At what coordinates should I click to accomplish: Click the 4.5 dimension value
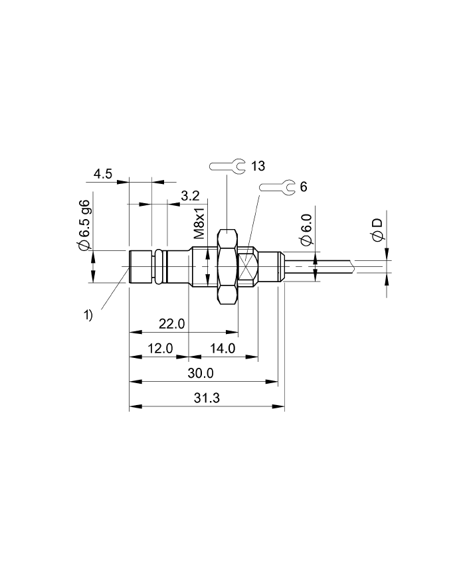point(103,174)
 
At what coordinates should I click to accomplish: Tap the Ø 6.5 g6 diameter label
point(84,226)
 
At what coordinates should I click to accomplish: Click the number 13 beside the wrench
point(258,165)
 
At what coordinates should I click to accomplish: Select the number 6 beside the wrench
point(304,187)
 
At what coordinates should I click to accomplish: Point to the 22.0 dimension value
point(171,323)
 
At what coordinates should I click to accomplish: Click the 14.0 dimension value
point(222,349)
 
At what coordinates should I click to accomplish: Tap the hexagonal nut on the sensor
point(227,267)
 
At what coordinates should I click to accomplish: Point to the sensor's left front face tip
point(130,267)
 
